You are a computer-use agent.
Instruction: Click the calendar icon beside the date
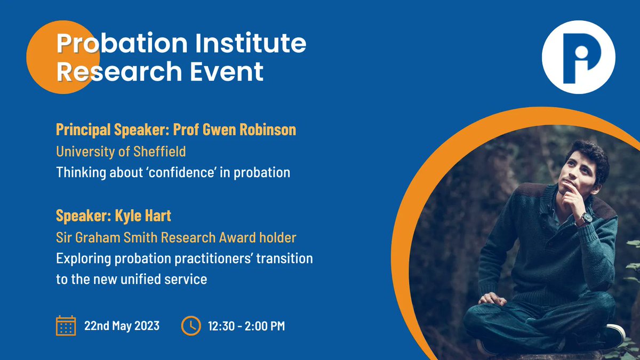[66, 325]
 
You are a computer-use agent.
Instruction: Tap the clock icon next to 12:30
[191, 325]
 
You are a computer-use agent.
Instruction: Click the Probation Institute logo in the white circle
[578, 57]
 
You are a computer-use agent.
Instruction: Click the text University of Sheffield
[121, 151]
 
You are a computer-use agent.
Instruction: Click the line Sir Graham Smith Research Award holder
[176, 237]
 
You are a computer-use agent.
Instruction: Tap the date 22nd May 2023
[122, 325]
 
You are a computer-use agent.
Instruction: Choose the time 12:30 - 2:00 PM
[246, 326]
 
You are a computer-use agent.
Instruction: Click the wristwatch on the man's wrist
[587, 218]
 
